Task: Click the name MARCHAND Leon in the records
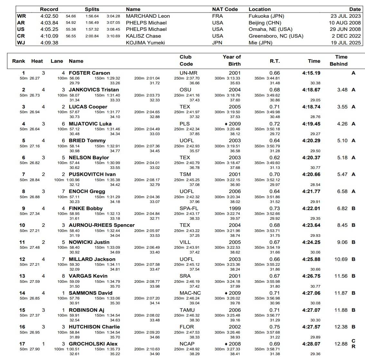click(148, 16)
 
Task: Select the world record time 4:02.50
click(49, 16)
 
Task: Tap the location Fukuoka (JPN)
click(266, 16)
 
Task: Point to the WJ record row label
click(21, 43)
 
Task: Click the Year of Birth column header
click(232, 60)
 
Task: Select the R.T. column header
click(275, 61)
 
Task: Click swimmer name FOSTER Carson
click(89, 73)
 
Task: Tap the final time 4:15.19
click(311, 73)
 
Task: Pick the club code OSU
click(185, 90)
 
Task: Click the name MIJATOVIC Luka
click(90, 124)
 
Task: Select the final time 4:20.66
click(311, 174)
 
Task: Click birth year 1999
click(235, 208)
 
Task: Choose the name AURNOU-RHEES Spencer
click(101, 225)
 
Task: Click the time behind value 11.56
click(341, 276)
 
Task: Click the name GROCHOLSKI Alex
click(93, 344)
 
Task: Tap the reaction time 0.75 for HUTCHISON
click(274, 327)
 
